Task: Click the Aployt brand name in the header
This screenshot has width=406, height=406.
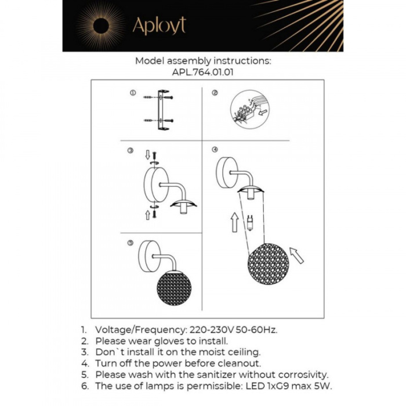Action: click(x=159, y=26)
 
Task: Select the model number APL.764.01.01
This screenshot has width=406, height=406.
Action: click(x=203, y=73)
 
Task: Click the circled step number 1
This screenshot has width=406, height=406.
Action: click(x=132, y=93)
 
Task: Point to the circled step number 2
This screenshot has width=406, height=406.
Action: click(x=215, y=93)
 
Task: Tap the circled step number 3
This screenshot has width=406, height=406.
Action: click(x=130, y=151)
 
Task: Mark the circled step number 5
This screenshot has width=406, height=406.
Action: click(x=130, y=243)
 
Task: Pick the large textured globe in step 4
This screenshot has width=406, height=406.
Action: click(x=268, y=267)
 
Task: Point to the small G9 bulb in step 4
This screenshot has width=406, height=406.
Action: click(x=251, y=223)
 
